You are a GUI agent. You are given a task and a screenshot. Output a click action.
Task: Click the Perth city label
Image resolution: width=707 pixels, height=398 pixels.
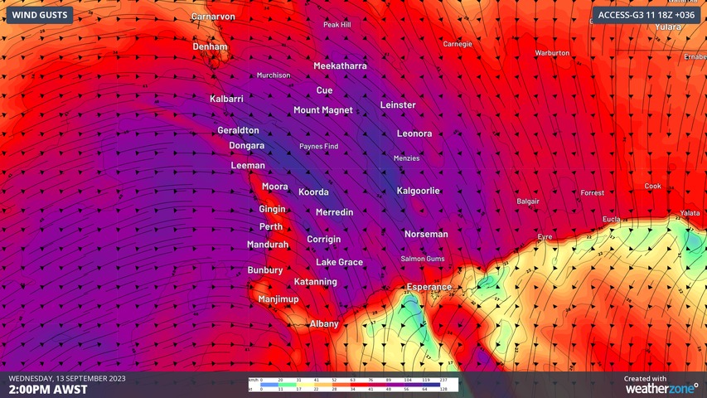[x=271, y=226]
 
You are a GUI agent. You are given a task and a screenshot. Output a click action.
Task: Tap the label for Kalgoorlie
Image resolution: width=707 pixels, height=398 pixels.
[x=419, y=191]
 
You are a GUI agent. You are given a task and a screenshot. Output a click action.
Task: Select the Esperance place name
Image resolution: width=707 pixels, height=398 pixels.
[x=429, y=287]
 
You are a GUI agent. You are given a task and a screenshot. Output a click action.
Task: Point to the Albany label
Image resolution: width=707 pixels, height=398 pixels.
[x=324, y=323]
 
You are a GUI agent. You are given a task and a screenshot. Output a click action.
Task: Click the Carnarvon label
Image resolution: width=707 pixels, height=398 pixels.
[x=213, y=17]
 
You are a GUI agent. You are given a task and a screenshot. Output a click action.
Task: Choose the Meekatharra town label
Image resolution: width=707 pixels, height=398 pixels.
[x=340, y=66]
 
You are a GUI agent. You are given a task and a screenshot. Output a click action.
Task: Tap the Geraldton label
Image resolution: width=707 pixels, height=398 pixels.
[x=238, y=130]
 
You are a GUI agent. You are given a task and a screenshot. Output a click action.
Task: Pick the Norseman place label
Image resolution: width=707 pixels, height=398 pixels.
[x=426, y=234]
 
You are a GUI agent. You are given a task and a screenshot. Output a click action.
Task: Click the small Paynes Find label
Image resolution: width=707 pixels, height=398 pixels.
[x=318, y=147]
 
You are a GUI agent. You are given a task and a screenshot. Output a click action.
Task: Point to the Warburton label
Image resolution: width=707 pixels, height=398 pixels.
[x=552, y=53]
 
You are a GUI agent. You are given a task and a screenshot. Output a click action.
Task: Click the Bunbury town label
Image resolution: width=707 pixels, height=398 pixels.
[x=265, y=269]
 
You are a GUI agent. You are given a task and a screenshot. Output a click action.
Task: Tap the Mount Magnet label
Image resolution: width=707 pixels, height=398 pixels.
[x=323, y=109]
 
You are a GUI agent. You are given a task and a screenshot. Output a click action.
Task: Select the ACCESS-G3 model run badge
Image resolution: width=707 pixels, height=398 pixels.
[x=646, y=15]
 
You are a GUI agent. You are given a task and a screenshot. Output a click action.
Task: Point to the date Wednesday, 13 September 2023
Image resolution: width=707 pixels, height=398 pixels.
[x=67, y=378]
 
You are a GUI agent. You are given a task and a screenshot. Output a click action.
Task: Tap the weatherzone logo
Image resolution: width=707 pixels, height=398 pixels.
[x=661, y=387]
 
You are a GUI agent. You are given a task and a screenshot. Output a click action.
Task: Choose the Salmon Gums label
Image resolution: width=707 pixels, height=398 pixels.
[x=423, y=259]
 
